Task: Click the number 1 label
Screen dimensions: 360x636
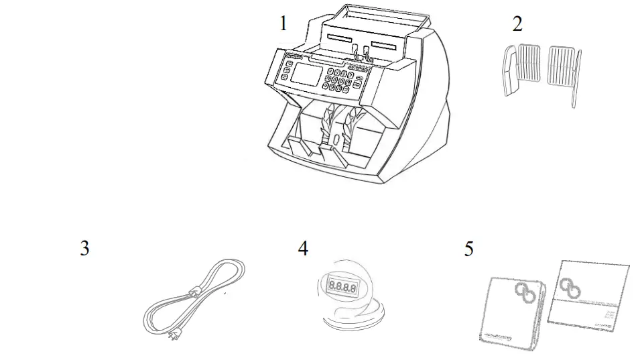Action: tap(283, 24)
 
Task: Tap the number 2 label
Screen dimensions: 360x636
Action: tap(517, 24)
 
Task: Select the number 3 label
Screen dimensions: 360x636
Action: tap(84, 249)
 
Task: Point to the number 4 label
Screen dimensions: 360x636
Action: tap(304, 249)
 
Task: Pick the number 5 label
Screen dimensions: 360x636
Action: tap(469, 249)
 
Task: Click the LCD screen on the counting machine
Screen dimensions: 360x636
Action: tap(304, 75)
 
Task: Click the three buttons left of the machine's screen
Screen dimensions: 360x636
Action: tap(285, 71)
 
